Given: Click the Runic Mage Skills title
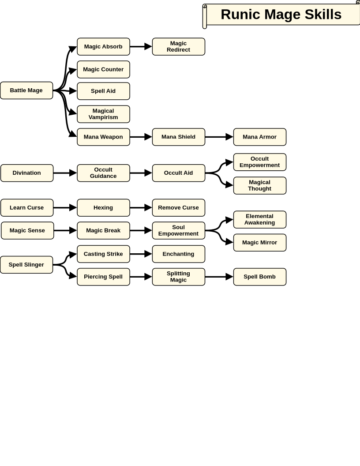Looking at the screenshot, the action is [281, 15].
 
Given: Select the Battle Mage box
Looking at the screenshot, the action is [26, 90].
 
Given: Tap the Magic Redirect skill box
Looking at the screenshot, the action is [179, 47].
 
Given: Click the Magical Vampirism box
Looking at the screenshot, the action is [103, 114].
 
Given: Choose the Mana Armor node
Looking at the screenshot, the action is [259, 137].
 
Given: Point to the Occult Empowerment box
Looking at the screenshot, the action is [259, 162].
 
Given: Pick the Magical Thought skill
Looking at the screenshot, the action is [259, 185].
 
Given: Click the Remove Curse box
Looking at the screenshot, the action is [179, 208].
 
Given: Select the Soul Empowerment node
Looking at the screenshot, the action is [179, 230].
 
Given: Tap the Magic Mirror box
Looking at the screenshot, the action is [259, 243].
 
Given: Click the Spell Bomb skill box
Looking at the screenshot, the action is [259, 277].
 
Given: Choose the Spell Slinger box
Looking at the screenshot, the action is [26, 265].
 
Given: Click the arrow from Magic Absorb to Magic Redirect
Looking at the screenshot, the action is [141, 47].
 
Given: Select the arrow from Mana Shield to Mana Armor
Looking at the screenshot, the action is [219, 137].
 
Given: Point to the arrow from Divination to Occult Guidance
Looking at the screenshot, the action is [65, 173].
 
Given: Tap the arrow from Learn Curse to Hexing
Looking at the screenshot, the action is [65, 208].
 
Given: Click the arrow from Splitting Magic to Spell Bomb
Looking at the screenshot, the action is [219, 277].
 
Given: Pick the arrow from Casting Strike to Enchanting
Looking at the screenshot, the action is [141, 254].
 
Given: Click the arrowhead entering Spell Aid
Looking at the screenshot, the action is [73, 91].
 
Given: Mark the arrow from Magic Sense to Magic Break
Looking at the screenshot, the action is [65, 230].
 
